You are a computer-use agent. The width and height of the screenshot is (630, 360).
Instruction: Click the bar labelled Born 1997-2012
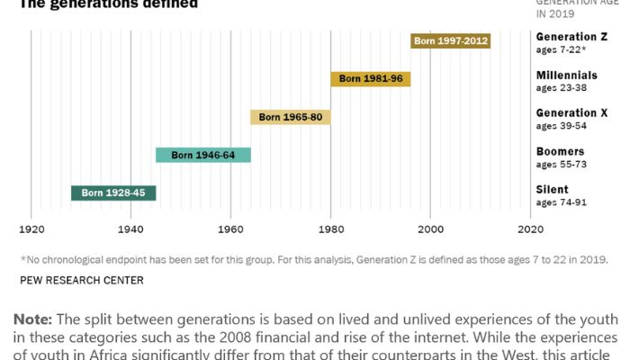pos(450,41)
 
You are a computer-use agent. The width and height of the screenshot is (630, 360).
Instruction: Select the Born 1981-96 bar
pos(370,79)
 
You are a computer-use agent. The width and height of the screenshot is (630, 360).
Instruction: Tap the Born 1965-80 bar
pos(291,117)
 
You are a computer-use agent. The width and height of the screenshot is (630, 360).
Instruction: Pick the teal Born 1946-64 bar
pos(202,155)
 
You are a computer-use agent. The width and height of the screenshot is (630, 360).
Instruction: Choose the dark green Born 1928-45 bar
pos(113,193)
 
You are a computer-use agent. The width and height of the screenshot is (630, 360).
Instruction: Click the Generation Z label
pos(571,37)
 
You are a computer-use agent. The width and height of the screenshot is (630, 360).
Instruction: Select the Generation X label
pos(571,112)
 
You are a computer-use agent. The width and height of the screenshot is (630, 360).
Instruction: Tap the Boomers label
pos(560,151)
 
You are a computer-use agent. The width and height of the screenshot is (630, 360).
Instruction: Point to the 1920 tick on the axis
pos(31,230)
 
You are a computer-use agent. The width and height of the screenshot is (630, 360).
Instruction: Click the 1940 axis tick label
pos(131,230)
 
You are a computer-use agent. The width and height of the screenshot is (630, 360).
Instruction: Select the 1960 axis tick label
pos(231,230)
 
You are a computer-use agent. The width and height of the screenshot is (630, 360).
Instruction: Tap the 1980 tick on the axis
pos(330,230)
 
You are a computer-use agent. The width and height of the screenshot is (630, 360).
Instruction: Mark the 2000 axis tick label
pos(430,230)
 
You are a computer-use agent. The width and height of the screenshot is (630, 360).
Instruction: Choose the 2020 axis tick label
pos(530,230)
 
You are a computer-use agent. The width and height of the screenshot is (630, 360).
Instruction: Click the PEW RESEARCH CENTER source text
pos(81,280)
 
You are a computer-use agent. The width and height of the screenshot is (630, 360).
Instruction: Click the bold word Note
pos(33,320)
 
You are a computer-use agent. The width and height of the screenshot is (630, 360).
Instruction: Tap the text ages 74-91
pos(561,202)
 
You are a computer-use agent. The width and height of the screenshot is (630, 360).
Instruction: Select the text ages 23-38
pos(561,89)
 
